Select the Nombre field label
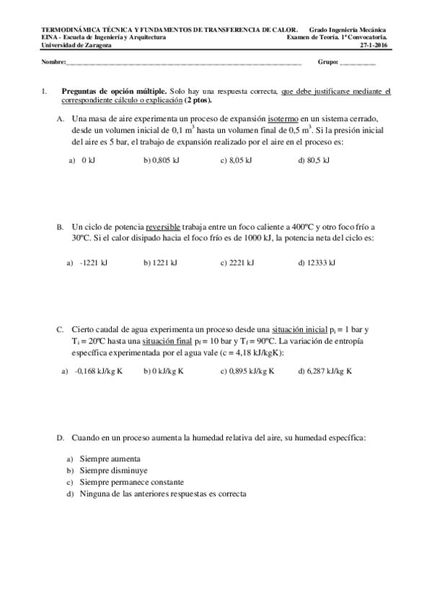point(53,63)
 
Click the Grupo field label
point(328,63)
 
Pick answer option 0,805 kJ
point(162,160)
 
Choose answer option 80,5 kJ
point(314,160)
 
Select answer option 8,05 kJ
point(237,160)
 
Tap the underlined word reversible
point(163,226)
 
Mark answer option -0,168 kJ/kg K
point(98,371)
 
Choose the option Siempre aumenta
point(110,458)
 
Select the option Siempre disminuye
point(113,470)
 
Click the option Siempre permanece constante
point(131,482)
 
